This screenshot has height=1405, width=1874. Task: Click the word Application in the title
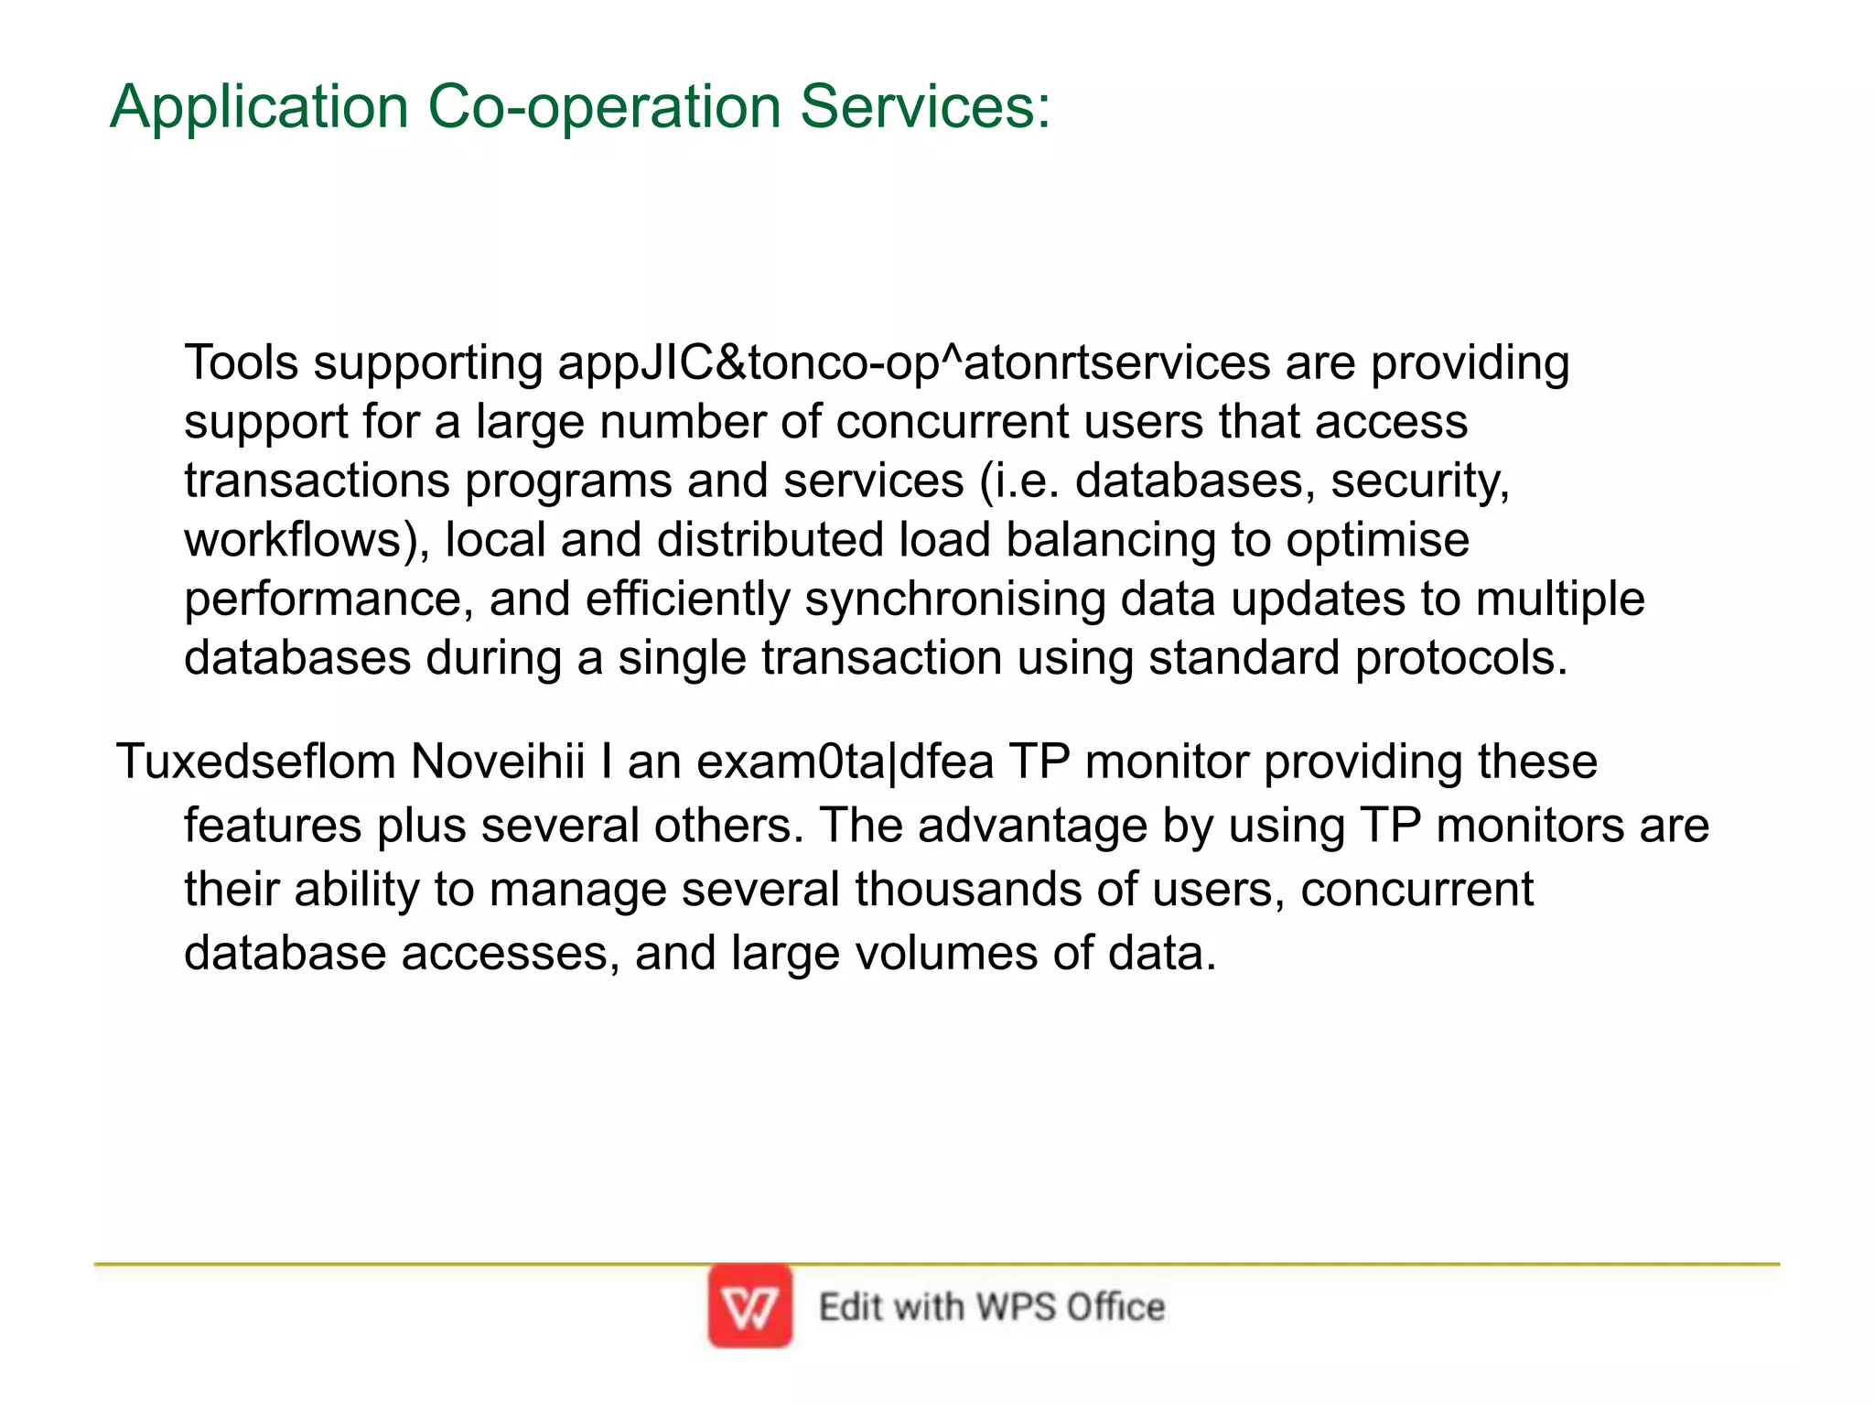[259, 108]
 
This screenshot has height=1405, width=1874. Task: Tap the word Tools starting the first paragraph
[242, 362]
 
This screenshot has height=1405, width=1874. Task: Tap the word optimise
[1377, 540]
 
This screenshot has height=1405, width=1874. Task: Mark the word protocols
[1461, 658]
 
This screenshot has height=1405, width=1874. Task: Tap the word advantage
[1032, 826]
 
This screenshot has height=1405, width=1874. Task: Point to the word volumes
[946, 953]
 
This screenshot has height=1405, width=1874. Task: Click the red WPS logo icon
[749, 1306]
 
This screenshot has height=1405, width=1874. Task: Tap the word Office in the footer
[1115, 1307]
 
